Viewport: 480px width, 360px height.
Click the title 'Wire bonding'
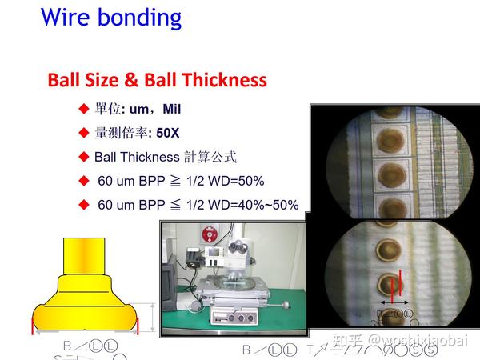[111, 18]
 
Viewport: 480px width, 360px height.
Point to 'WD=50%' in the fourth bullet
[239, 181]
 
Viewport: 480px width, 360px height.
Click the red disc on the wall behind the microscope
[209, 235]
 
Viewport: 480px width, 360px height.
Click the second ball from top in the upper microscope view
[390, 171]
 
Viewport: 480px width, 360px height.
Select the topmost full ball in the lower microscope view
[387, 248]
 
